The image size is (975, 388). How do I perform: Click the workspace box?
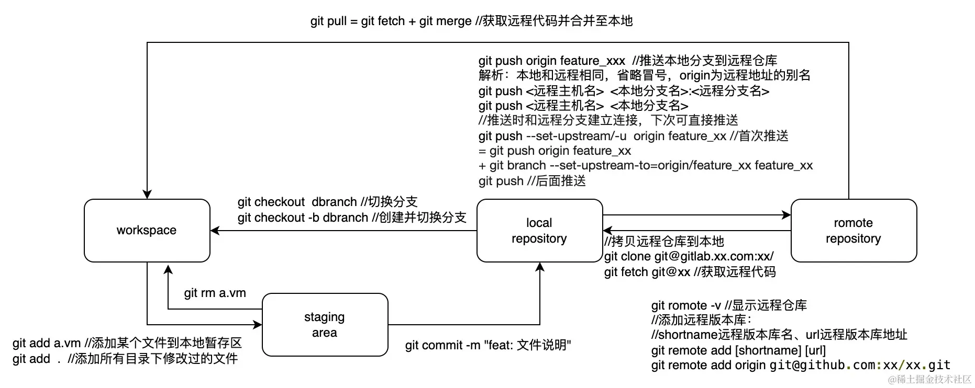click(147, 231)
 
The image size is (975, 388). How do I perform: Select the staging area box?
click(325, 325)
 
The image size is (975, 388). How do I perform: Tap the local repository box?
click(539, 231)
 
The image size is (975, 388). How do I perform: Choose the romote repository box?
click(854, 231)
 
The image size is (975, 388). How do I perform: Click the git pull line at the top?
click(471, 21)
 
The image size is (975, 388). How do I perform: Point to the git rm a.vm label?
click(215, 293)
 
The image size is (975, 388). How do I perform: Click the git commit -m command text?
click(488, 345)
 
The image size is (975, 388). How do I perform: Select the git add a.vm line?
click(127, 343)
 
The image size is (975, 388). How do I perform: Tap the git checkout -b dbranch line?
click(351, 218)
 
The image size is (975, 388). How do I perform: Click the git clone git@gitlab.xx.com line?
click(689, 256)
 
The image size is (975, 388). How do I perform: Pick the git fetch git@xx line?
click(690, 272)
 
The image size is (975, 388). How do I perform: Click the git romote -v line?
click(729, 305)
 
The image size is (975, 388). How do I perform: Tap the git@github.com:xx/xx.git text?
click(860, 365)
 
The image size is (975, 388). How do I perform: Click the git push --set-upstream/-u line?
click(633, 136)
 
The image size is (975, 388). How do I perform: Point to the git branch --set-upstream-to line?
click(645, 166)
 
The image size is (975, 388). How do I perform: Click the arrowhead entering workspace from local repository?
click(215, 231)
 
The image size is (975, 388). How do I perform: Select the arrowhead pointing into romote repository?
click(786, 215)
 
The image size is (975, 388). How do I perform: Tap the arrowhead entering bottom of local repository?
click(540, 267)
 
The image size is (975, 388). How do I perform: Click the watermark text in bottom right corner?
click(929, 379)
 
